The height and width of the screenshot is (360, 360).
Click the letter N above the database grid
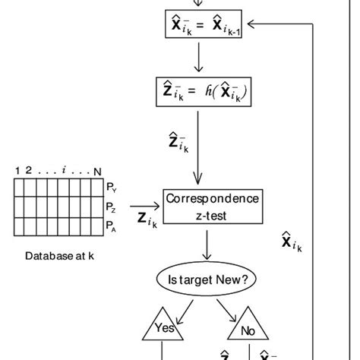tap(96, 171)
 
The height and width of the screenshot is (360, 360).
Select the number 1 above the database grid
tap(17, 171)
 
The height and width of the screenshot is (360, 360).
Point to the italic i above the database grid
tap(67, 171)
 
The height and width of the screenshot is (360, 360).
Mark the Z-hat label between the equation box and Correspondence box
tap(176, 142)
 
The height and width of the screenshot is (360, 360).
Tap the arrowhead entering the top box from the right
tap(253, 24)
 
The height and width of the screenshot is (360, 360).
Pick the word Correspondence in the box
tap(212, 201)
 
